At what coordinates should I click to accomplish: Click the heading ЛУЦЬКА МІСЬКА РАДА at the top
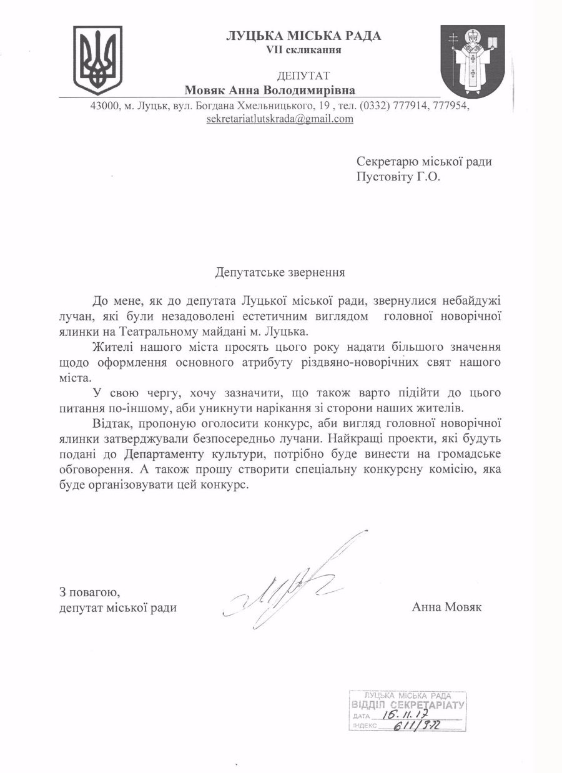click(303, 36)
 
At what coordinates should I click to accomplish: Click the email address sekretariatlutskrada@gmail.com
click(280, 119)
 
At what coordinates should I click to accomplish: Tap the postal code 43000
click(104, 106)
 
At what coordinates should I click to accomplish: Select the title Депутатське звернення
click(280, 272)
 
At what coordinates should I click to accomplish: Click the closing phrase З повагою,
click(85, 591)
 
